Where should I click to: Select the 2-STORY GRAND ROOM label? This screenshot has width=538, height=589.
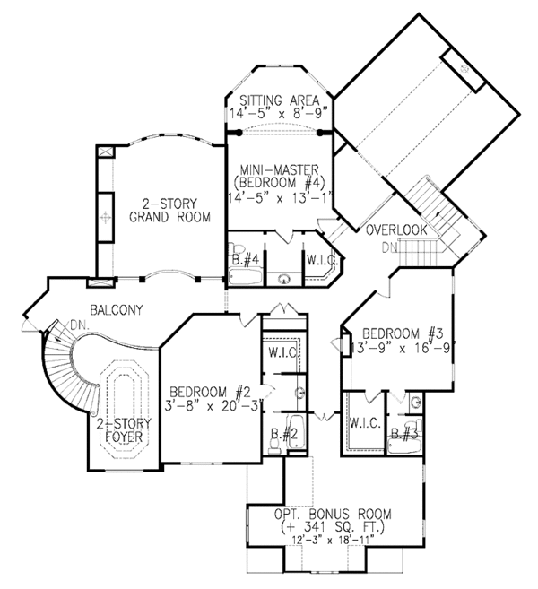coord(169,210)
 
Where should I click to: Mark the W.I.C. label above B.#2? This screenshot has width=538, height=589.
coord(283,351)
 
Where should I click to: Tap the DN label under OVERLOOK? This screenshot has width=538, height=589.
coord(389,247)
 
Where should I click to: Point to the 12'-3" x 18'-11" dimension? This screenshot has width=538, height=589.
coord(332,541)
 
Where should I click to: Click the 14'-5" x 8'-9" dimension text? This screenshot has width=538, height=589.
coord(279,114)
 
